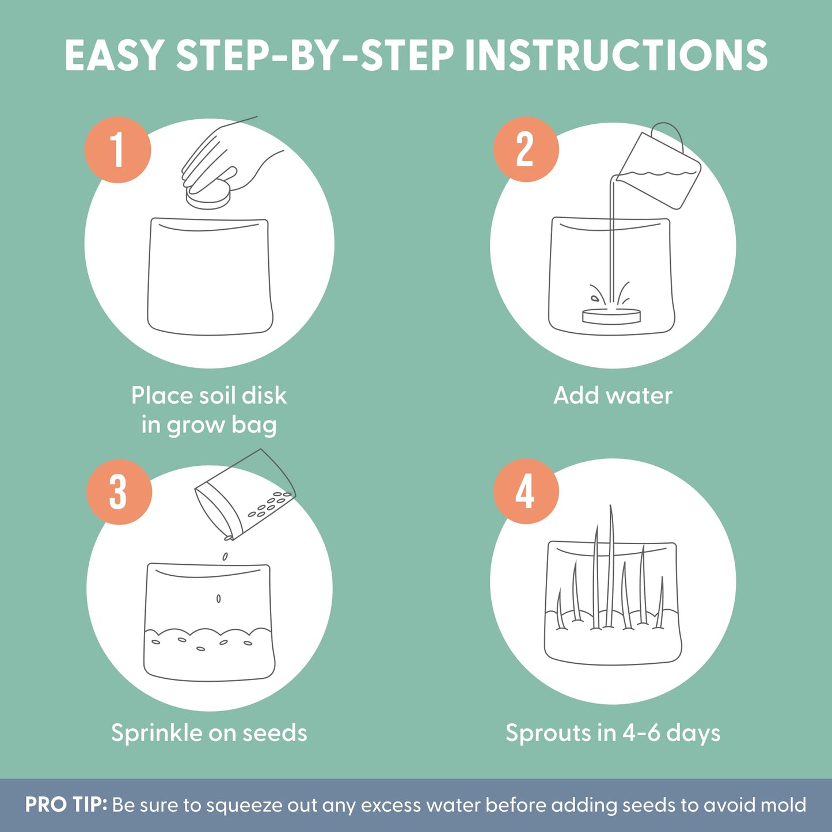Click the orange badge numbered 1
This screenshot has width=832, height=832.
tap(117, 150)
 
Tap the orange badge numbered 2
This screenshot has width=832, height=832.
tap(526, 149)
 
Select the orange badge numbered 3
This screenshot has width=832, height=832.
tap(119, 492)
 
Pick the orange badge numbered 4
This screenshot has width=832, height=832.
tap(526, 491)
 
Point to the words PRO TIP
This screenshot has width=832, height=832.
tap(66, 804)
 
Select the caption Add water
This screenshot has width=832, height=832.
tap(613, 395)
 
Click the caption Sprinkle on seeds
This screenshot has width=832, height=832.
tap(209, 733)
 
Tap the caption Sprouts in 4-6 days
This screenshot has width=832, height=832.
tap(613, 733)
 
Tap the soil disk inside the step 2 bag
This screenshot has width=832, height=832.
tap(611, 316)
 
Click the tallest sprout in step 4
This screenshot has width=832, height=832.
tap(610, 565)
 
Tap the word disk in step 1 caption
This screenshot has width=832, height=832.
tap(264, 395)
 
